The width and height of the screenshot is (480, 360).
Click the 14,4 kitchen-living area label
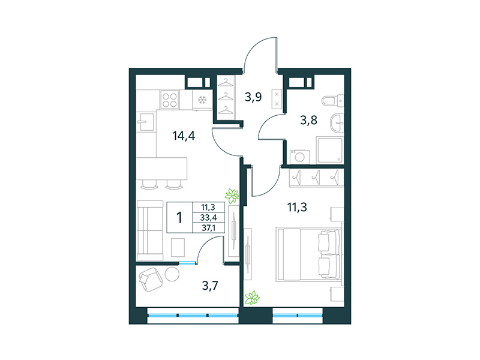point(183,135)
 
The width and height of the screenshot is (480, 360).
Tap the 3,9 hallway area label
point(253,96)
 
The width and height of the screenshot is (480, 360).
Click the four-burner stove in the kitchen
point(170,100)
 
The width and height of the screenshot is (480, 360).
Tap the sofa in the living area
point(148,227)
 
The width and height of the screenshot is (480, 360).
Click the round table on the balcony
point(173,274)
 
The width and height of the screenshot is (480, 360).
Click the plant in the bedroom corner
point(253,297)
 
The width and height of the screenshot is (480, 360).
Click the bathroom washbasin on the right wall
point(338,123)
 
